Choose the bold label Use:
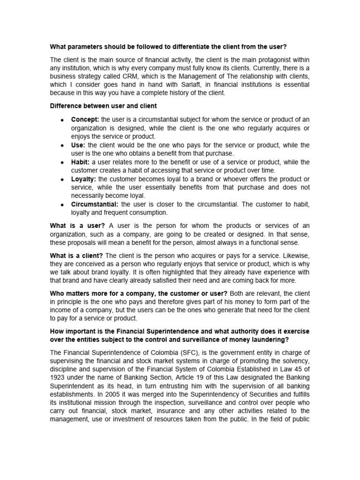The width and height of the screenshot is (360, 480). (78, 145)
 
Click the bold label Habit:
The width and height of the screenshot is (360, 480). (81, 162)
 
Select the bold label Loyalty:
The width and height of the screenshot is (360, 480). (83, 179)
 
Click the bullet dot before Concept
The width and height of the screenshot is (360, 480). (62, 120)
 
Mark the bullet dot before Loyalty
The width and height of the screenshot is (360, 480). (62, 179)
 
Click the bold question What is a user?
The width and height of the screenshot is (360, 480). (77, 225)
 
